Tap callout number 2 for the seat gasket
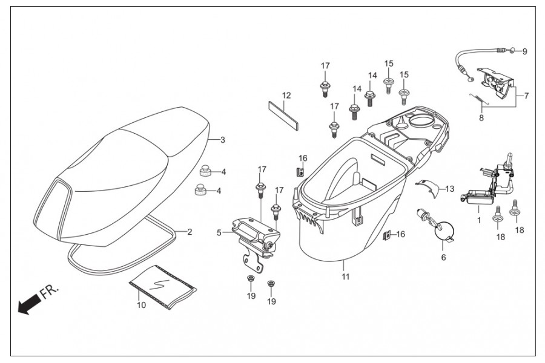[x=189, y=232]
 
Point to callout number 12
[x=286, y=96]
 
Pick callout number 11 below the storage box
[x=345, y=277]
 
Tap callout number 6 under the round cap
[x=443, y=257]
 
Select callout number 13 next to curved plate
[x=449, y=188]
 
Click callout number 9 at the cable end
[x=524, y=51]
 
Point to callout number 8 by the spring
[x=481, y=118]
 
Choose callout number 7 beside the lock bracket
[x=526, y=96]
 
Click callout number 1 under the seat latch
[x=478, y=220]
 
